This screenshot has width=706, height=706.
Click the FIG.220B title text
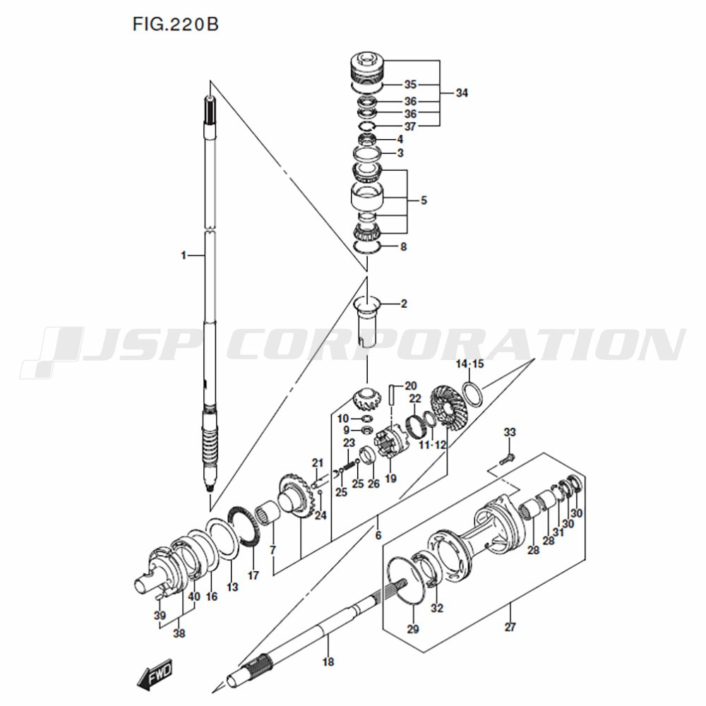click(x=175, y=24)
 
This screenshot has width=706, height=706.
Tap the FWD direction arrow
click(x=155, y=674)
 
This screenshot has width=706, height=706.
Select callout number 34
click(x=462, y=92)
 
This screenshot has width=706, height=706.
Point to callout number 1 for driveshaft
click(x=184, y=256)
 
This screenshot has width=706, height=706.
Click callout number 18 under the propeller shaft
click(x=328, y=662)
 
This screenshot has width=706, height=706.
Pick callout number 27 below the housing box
click(x=510, y=626)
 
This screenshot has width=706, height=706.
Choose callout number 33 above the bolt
click(x=509, y=432)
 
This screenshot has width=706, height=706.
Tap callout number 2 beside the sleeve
click(x=404, y=304)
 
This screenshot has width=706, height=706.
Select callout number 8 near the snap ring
click(x=403, y=246)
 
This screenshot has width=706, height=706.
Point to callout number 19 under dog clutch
click(x=390, y=478)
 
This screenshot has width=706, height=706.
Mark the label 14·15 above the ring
click(x=469, y=364)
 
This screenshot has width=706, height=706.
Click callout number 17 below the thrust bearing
click(x=253, y=575)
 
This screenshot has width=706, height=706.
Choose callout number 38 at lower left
click(x=179, y=633)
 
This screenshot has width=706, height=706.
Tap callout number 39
click(x=160, y=615)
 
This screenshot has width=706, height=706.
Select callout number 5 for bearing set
click(x=423, y=201)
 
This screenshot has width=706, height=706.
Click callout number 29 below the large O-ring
click(x=413, y=629)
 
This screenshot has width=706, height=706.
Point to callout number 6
click(x=378, y=535)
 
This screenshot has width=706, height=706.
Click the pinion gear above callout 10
click(x=366, y=398)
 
